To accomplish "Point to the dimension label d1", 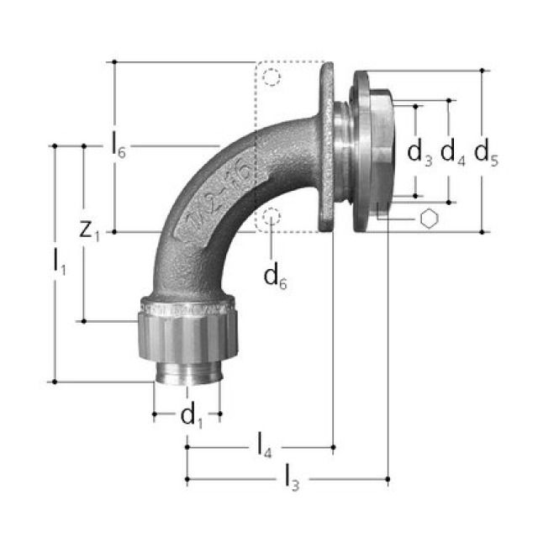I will coord(192,414).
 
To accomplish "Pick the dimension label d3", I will coord(419,152).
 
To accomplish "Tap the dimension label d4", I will coord(452,152).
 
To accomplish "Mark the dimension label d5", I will coord(486,152).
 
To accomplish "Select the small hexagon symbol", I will coord(429,219).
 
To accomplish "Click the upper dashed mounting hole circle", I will coord(271,79).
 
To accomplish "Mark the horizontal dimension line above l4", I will coord(260,449).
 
